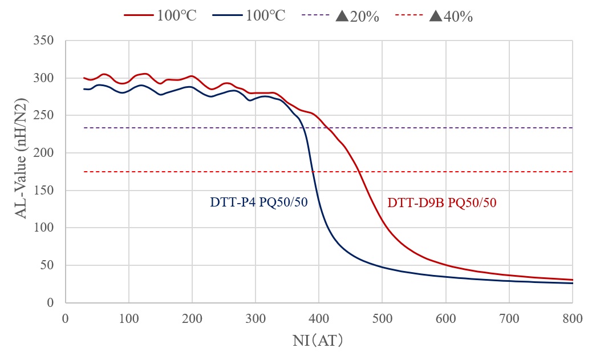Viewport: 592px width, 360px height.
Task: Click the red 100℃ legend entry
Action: click(161, 15)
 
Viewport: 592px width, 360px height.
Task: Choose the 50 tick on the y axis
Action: click(47, 265)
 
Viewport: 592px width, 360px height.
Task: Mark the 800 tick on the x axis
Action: click(572, 316)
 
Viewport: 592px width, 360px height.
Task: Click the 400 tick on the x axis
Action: click(319, 316)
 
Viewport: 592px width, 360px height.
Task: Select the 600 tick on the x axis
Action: click(445, 316)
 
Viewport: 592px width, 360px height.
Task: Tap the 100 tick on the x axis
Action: click(129, 316)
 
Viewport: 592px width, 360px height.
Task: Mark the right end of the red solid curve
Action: click(572, 280)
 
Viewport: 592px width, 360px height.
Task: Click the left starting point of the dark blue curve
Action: click(84, 88)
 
